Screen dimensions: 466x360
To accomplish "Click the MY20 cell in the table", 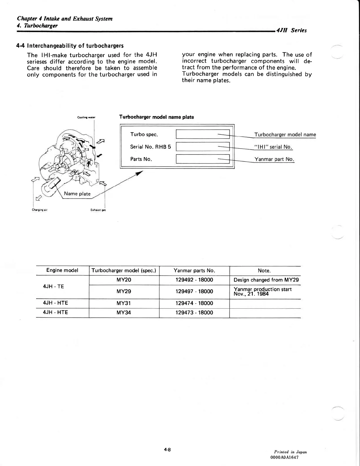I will point(124,280).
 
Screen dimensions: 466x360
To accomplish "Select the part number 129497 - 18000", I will point(194,292).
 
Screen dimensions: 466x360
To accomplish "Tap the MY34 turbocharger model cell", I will point(124,313).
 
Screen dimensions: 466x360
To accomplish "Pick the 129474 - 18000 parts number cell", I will point(194,303).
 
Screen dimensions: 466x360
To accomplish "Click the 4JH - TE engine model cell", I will point(53,287).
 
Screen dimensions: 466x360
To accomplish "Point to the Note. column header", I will point(264,271).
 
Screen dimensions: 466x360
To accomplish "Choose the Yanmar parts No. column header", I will point(194,271).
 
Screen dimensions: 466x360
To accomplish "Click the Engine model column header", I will point(62,270).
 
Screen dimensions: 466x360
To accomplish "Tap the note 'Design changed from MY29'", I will point(266,280).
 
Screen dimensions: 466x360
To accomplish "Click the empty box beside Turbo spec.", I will point(202,134).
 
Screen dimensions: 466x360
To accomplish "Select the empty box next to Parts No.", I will point(202,159).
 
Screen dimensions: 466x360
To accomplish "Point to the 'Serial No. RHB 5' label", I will point(150,147).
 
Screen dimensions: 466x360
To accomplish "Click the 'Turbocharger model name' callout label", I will point(285,135).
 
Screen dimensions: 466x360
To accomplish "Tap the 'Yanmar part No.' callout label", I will point(274,159).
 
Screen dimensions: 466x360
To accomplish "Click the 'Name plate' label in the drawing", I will point(77,194).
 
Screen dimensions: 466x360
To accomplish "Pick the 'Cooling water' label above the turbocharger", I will point(86,117).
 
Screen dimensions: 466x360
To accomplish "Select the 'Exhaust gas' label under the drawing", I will point(98,210).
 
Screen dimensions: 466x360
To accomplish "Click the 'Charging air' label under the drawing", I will point(40,210).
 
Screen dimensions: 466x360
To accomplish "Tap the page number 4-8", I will point(168,450).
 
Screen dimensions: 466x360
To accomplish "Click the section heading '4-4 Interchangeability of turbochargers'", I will point(70,46).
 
